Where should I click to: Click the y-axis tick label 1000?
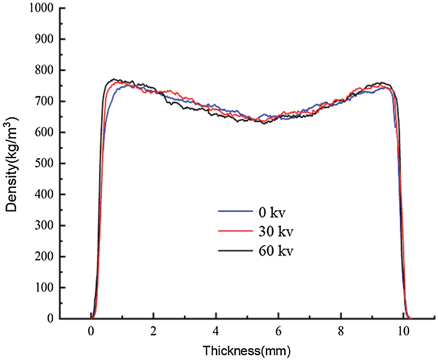pyautogui.click(x=42, y=8)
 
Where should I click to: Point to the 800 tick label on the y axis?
pyautogui.click(x=44, y=70)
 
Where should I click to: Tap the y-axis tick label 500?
pyautogui.click(x=44, y=163)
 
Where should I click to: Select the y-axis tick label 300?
pyautogui.click(x=44, y=226)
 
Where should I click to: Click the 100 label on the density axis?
pyautogui.click(x=44, y=288)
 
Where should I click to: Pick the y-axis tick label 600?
pyautogui.click(x=44, y=132)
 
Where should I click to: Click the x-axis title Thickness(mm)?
pyautogui.click(x=247, y=350)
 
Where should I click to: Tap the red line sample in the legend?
pyautogui.click(x=235, y=231)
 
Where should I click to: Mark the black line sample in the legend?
pyautogui.click(x=235, y=251)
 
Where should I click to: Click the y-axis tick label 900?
pyautogui.click(x=44, y=39)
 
